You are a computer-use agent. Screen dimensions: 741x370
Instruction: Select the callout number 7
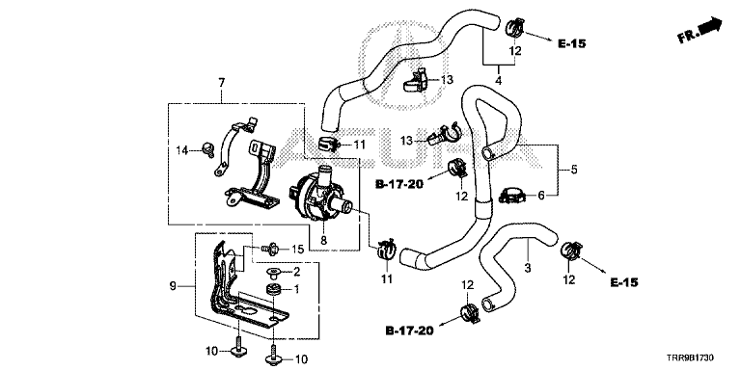click(x=222, y=83)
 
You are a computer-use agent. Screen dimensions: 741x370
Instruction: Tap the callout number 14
click(x=182, y=150)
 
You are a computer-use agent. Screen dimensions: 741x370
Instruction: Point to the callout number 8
click(x=324, y=240)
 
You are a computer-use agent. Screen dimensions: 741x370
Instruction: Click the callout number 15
click(x=296, y=249)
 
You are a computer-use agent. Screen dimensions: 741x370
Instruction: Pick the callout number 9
click(x=173, y=285)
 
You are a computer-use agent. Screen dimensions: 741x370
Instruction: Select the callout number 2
click(x=297, y=272)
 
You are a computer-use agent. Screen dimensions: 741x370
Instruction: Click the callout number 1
click(x=297, y=289)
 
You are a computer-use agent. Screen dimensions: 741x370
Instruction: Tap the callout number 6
click(x=541, y=195)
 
